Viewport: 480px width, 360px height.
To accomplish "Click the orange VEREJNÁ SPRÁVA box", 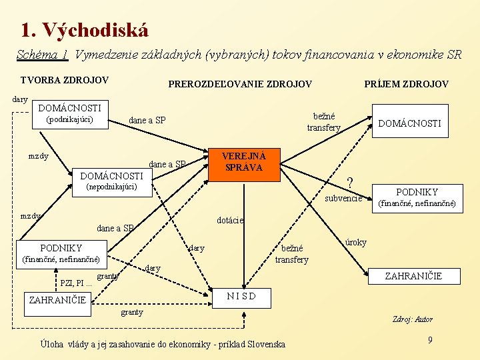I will tap(244, 162).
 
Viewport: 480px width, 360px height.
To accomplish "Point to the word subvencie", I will tap(343, 199).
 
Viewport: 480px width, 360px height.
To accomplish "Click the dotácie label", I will tap(231, 220).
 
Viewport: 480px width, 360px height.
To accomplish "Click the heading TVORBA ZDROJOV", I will tap(64, 80).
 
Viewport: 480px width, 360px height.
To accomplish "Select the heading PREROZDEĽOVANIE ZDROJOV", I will tap(239, 84).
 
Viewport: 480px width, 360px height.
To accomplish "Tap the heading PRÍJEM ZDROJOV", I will tap(406, 84).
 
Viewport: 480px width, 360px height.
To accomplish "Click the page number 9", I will tap(430, 340).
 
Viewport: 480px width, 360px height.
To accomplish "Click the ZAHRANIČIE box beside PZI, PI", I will tap(58, 300).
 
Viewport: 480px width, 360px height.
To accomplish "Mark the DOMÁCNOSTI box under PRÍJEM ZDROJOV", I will tap(409, 123).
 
